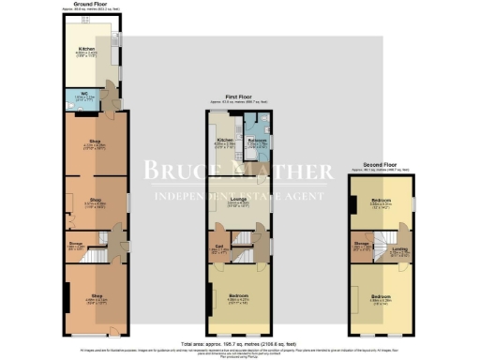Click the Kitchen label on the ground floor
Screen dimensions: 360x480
pyautogui.click(x=85, y=48)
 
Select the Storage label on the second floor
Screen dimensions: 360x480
pyautogui.click(x=362, y=247)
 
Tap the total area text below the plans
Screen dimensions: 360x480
pyautogui.click(x=240, y=343)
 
